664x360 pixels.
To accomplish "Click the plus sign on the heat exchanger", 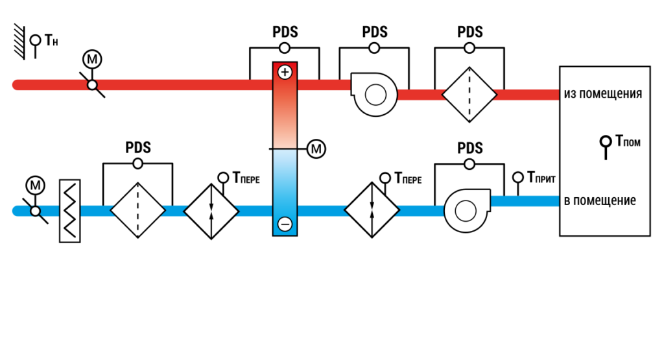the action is pyautogui.click(x=285, y=73).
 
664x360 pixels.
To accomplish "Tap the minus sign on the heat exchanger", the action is pyautogui.click(x=285, y=224).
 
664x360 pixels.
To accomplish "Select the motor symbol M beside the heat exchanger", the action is pyautogui.click(x=316, y=149).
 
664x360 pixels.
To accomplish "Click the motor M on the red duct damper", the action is pyautogui.click(x=92, y=59).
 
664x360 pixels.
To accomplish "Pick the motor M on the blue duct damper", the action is pyautogui.click(x=35, y=186).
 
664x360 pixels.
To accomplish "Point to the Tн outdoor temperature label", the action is pyautogui.click(x=51, y=41).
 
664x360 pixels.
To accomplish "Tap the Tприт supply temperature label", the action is pyautogui.click(x=541, y=178).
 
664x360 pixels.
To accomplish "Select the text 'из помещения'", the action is pyautogui.click(x=602, y=93).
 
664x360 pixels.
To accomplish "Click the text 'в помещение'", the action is pyautogui.click(x=600, y=200).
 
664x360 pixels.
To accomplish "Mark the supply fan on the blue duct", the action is pyautogui.click(x=467, y=211).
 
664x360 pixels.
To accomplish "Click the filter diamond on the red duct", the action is pyautogui.click(x=469, y=95).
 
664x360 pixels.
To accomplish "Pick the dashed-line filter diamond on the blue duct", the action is pyautogui.click(x=137, y=210).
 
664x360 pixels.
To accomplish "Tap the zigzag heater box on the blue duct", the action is pyautogui.click(x=70, y=211).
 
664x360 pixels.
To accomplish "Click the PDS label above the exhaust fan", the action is pyautogui.click(x=374, y=32).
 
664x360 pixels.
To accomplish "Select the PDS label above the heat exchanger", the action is pyautogui.click(x=285, y=32).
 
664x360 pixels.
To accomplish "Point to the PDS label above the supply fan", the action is pyautogui.click(x=469, y=149).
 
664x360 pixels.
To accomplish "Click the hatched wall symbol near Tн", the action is pyautogui.click(x=19, y=42).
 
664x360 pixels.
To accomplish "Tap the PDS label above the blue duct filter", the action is pyautogui.click(x=138, y=148).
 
